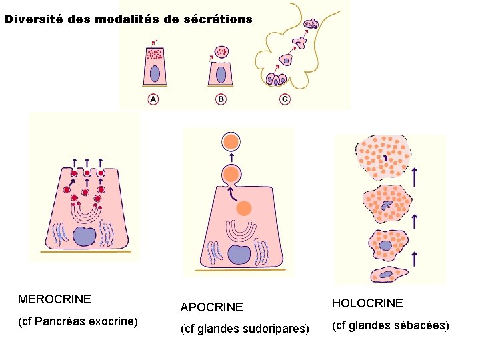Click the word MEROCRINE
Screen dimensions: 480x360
pos(55,299)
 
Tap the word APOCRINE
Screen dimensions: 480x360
pos(212,307)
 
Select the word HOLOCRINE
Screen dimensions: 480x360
pos(367,303)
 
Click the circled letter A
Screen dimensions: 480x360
pos(153,99)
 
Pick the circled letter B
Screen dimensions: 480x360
pos(221,99)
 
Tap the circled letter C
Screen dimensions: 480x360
pos(285,99)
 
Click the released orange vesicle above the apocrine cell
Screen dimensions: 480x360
pos(231,142)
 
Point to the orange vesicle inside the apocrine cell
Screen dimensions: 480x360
pos(244,208)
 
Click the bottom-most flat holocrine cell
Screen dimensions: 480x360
pos(386,274)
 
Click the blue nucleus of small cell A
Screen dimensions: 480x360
pos(155,73)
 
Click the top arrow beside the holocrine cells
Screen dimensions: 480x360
pos(415,177)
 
